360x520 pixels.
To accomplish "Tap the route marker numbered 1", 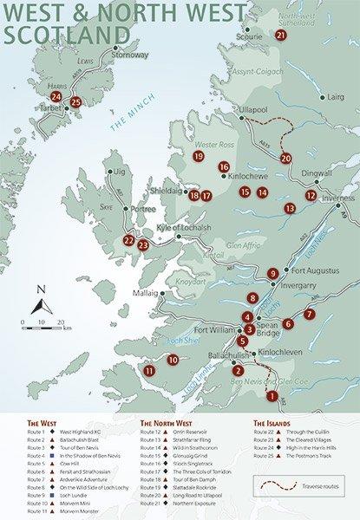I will pos(272,396).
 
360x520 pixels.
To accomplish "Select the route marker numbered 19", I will pos(199,156).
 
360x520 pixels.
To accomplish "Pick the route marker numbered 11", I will pos(150,370).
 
